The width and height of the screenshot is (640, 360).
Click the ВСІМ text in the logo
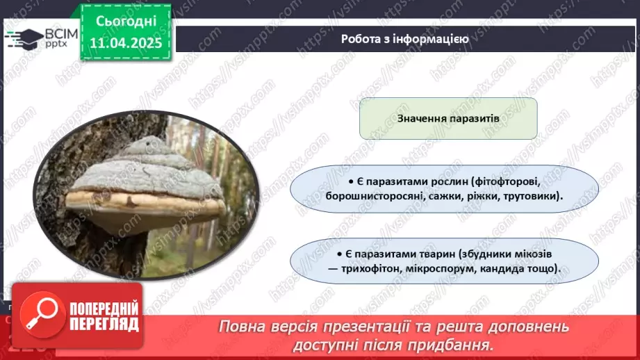tap(60, 34)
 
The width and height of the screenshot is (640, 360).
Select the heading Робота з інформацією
tap(404, 39)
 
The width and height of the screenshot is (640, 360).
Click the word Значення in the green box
tap(423, 118)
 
